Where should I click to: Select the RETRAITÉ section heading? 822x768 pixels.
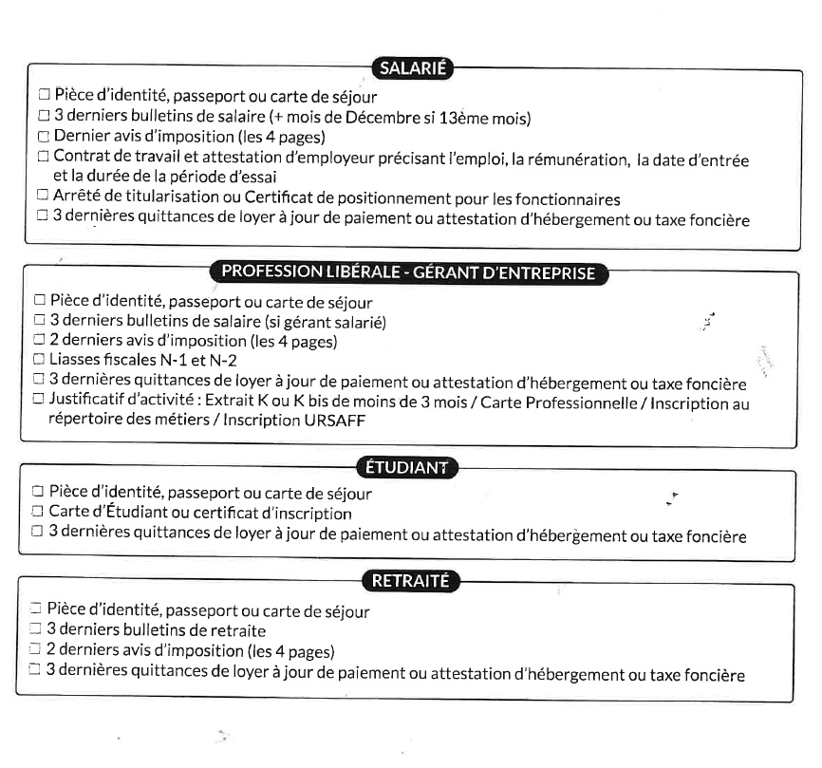410,581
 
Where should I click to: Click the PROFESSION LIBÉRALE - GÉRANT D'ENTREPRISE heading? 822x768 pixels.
408,272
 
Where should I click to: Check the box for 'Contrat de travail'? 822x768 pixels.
42,157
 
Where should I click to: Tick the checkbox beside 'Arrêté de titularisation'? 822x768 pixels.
42,197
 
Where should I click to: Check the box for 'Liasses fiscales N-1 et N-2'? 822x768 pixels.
39,359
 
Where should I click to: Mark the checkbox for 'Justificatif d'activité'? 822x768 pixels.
39,399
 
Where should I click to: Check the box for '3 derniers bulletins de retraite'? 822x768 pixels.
35,628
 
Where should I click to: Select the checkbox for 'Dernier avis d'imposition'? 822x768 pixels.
43,137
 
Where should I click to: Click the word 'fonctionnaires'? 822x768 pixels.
566,198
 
